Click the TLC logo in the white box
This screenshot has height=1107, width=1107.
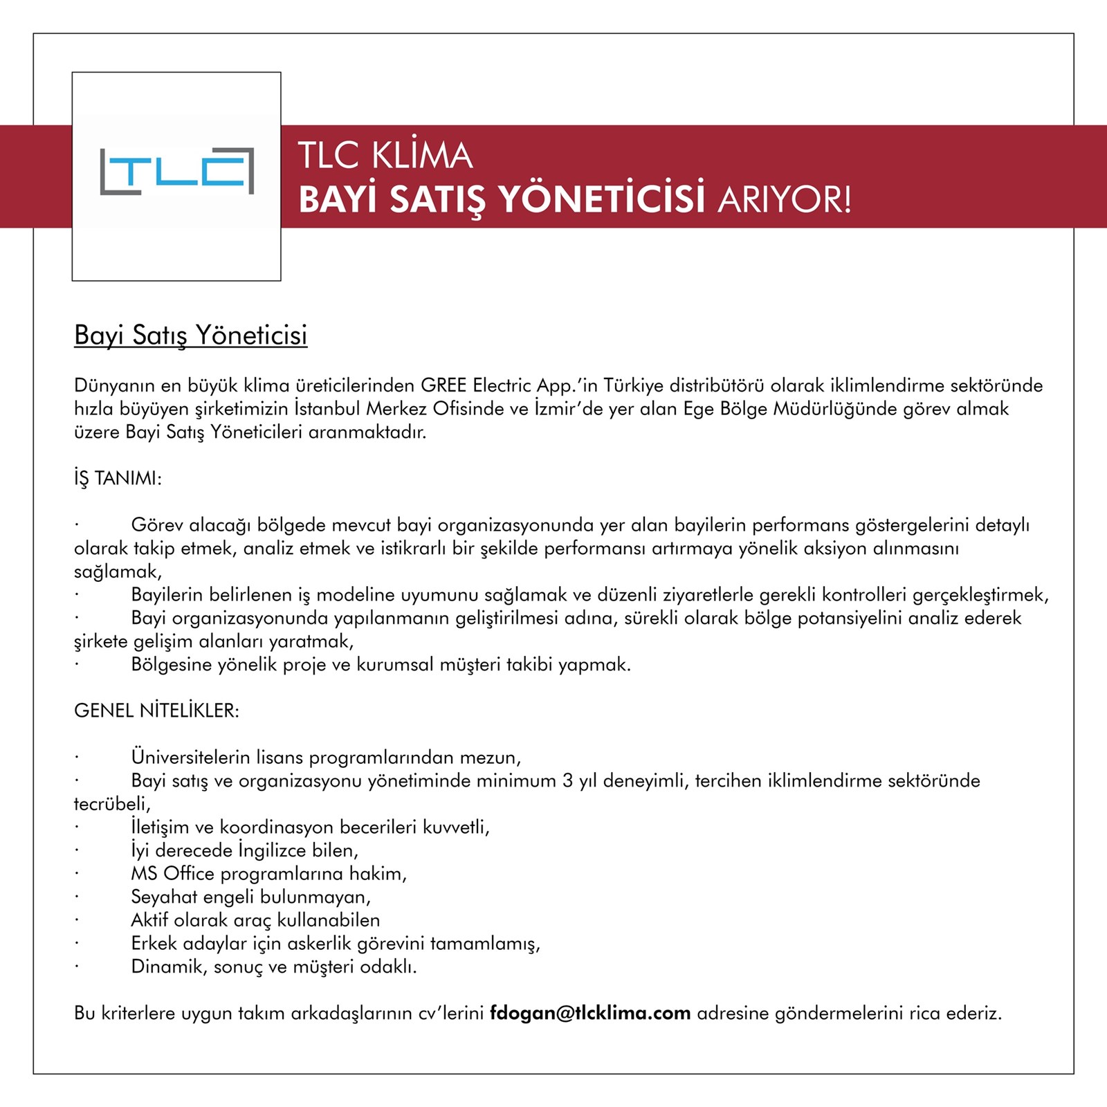tap(176, 171)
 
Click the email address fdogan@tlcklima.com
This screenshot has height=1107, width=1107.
tap(590, 1014)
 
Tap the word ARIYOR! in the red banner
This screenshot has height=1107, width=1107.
tap(785, 200)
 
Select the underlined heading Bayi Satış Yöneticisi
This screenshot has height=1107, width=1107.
tap(190, 335)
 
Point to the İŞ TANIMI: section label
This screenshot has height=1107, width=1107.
tap(118, 479)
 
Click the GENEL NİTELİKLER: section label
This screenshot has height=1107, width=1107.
tap(156, 711)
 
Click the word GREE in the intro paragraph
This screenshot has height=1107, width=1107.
tap(443, 385)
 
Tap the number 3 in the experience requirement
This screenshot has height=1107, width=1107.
tap(567, 781)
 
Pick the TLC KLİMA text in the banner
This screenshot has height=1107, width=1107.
tap(385, 156)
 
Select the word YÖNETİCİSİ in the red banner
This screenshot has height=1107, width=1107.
tap(601, 200)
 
